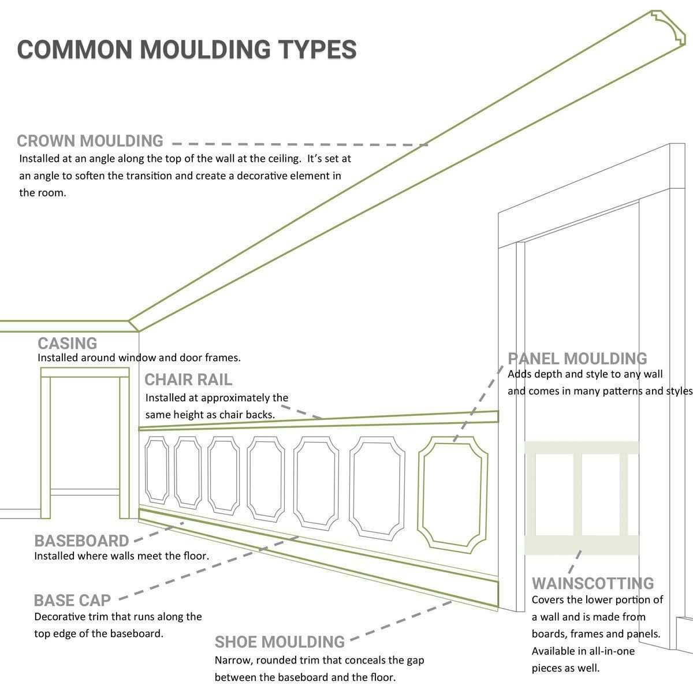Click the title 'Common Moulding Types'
click(x=187, y=50)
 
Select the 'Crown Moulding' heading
click(x=90, y=141)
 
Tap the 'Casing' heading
click(x=68, y=343)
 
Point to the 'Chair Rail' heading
click(x=188, y=379)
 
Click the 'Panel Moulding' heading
click(x=577, y=359)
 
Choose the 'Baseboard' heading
click(x=81, y=541)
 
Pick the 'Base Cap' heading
click(x=72, y=600)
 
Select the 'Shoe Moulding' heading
click(x=280, y=642)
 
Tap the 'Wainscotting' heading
click(x=593, y=583)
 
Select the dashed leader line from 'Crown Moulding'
click(x=300, y=144)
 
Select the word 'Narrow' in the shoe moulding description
click(x=231, y=660)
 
